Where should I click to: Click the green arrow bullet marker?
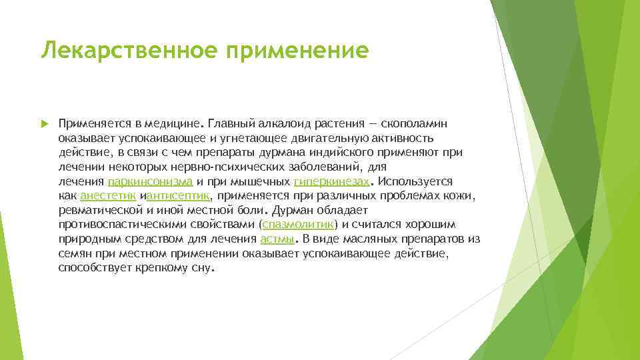coord(45,123)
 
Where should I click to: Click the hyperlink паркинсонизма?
coord(150,181)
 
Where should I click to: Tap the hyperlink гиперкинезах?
coord(331,181)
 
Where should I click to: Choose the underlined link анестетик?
coord(108,195)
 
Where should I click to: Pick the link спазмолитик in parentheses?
coord(299,225)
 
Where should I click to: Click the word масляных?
coord(373,239)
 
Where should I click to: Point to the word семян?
coord(75,253)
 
